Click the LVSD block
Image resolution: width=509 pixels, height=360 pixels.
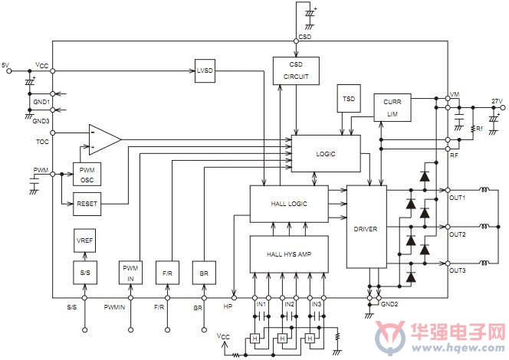click(x=205, y=70)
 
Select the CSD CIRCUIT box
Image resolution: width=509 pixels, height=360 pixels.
click(x=296, y=70)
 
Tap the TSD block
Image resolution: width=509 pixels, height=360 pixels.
click(x=349, y=99)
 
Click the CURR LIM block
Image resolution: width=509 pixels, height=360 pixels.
click(x=392, y=108)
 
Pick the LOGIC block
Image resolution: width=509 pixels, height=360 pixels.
click(x=326, y=154)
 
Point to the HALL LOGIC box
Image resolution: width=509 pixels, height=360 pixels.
click(x=289, y=204)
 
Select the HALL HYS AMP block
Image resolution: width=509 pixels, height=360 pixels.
click(x=289, y=254)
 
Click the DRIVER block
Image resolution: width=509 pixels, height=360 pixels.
click(x=366, y=227)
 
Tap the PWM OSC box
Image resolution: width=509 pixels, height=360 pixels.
click(x=87, y=174)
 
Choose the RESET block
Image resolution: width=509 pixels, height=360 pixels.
click(x=87, y=204)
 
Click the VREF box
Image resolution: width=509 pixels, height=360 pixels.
click(x=85, y=241)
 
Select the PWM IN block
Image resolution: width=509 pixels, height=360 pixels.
click(x=130, y=273)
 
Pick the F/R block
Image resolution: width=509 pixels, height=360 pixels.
click(x=168, y=273)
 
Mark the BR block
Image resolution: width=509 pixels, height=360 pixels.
click(x=204, y=273)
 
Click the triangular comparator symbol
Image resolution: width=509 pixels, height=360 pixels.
click(x=104, y=139)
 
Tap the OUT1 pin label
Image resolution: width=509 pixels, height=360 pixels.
click(x=458, y=198)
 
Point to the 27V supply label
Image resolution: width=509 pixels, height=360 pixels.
click(x=497, y=101)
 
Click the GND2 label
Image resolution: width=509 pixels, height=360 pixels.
click(x=389, y=304)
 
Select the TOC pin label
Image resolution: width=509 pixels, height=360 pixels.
click(x=42, y=142)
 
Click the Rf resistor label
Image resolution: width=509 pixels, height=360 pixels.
click(x=479, y=129)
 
